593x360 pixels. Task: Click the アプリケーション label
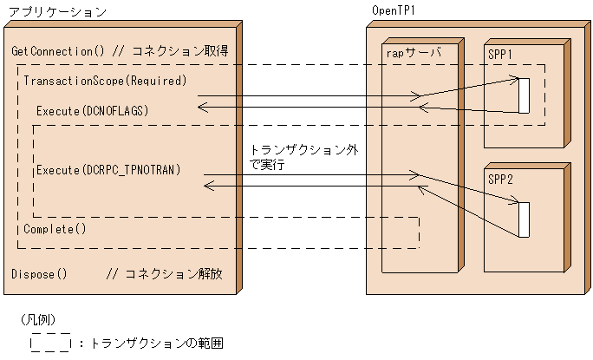57,12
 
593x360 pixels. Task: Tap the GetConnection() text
57,51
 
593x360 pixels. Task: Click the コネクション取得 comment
179,51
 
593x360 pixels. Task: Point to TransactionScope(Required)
105,82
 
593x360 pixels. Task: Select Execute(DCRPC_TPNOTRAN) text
108,169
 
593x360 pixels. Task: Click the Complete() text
55,229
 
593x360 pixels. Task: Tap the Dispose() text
39,274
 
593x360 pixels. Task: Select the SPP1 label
500,54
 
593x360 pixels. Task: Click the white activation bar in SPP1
524,95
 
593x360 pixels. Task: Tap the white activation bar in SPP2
524,219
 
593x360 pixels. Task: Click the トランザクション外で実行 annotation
303,156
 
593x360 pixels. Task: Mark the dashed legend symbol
50,342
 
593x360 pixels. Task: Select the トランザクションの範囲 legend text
157,344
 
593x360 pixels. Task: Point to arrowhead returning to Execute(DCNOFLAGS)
202,107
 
